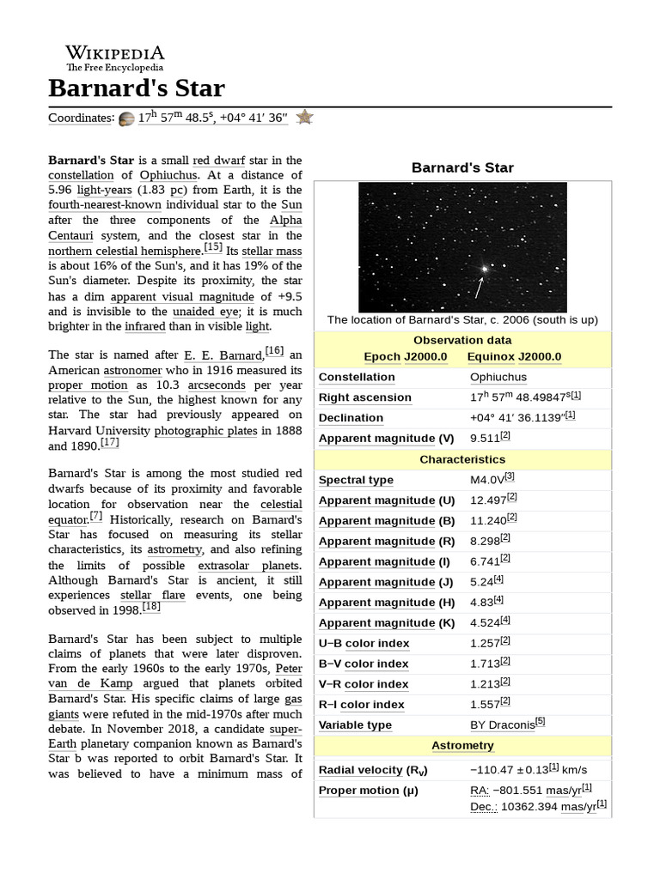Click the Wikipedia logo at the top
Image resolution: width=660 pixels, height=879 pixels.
point(114,58)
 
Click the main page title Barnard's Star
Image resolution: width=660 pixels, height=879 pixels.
point(137,88)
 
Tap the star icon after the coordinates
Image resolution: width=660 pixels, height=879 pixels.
point(304,118)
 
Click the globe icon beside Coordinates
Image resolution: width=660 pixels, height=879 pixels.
point(126,118)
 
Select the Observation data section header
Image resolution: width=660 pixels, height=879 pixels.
point(462,340)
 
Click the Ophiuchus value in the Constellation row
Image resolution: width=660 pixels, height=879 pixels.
point(498,377)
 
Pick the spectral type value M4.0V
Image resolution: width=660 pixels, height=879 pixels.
point(486,480)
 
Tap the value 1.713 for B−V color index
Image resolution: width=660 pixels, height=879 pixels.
point(486,664)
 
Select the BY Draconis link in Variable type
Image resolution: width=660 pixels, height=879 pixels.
point(502,724)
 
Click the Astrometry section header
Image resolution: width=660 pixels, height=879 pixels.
point(462,745)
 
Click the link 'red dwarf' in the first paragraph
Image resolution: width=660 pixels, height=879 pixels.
point(218,161)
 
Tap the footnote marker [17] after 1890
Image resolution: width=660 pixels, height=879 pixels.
point(109,443)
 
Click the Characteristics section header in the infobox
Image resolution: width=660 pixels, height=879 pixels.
point(462,459)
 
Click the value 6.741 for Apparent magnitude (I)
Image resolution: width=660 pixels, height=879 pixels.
point(486,561)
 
